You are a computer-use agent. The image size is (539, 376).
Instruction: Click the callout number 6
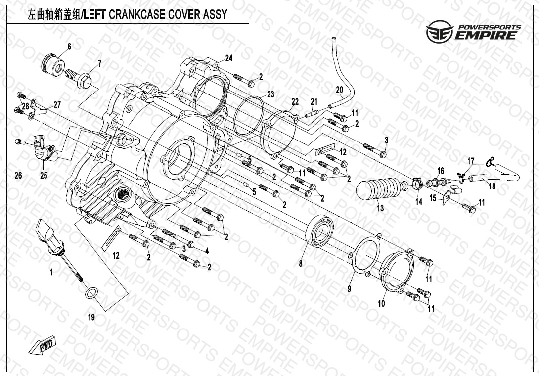pos(69,47)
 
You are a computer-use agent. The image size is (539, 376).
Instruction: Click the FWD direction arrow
pos(44,344)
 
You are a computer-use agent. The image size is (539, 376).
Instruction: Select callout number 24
pos(228,58)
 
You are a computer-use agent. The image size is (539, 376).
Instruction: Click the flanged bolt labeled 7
pos(79,77)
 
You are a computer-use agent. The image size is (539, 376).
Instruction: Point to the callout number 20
pos(339,90)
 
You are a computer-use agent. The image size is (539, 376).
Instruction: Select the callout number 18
pos(492,186)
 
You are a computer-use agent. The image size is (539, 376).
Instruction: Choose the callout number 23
pos(270,94)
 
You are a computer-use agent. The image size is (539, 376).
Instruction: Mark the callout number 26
pos(18,175)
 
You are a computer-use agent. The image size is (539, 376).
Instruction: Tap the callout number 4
pos(207,251)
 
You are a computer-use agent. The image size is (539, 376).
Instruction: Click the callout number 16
pos(441,171)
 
